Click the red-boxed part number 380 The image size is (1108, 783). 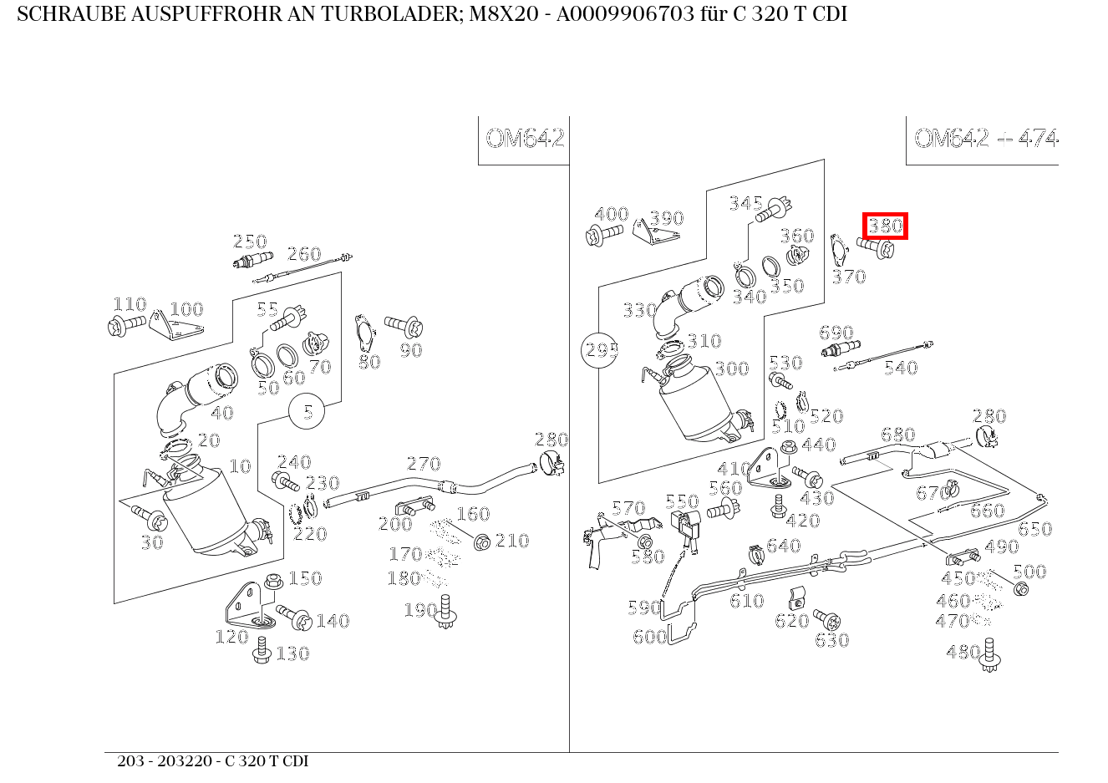tap(885, 226)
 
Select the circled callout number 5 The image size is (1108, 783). tap(307, 412)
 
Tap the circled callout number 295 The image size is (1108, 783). tap(600, 351)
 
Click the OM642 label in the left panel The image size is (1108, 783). tap(525, 138)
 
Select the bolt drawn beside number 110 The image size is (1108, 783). tap(127, 325)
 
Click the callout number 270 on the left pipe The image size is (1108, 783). tap(424, 465)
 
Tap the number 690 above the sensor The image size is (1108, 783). tap(836, 333)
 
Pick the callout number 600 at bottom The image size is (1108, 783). tap(649, 638)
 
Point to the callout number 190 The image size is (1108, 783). tap(419, 611)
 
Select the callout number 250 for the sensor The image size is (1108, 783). tap(250, 242)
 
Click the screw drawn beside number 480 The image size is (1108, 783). tap(990, 656)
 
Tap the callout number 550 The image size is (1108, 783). tap(682, 502)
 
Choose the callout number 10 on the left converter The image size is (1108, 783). tap(240, 466)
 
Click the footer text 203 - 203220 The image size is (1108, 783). tap(165, 761)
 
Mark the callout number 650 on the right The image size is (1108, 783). tap(1034, 530)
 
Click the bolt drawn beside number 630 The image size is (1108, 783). tap(826, 620)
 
